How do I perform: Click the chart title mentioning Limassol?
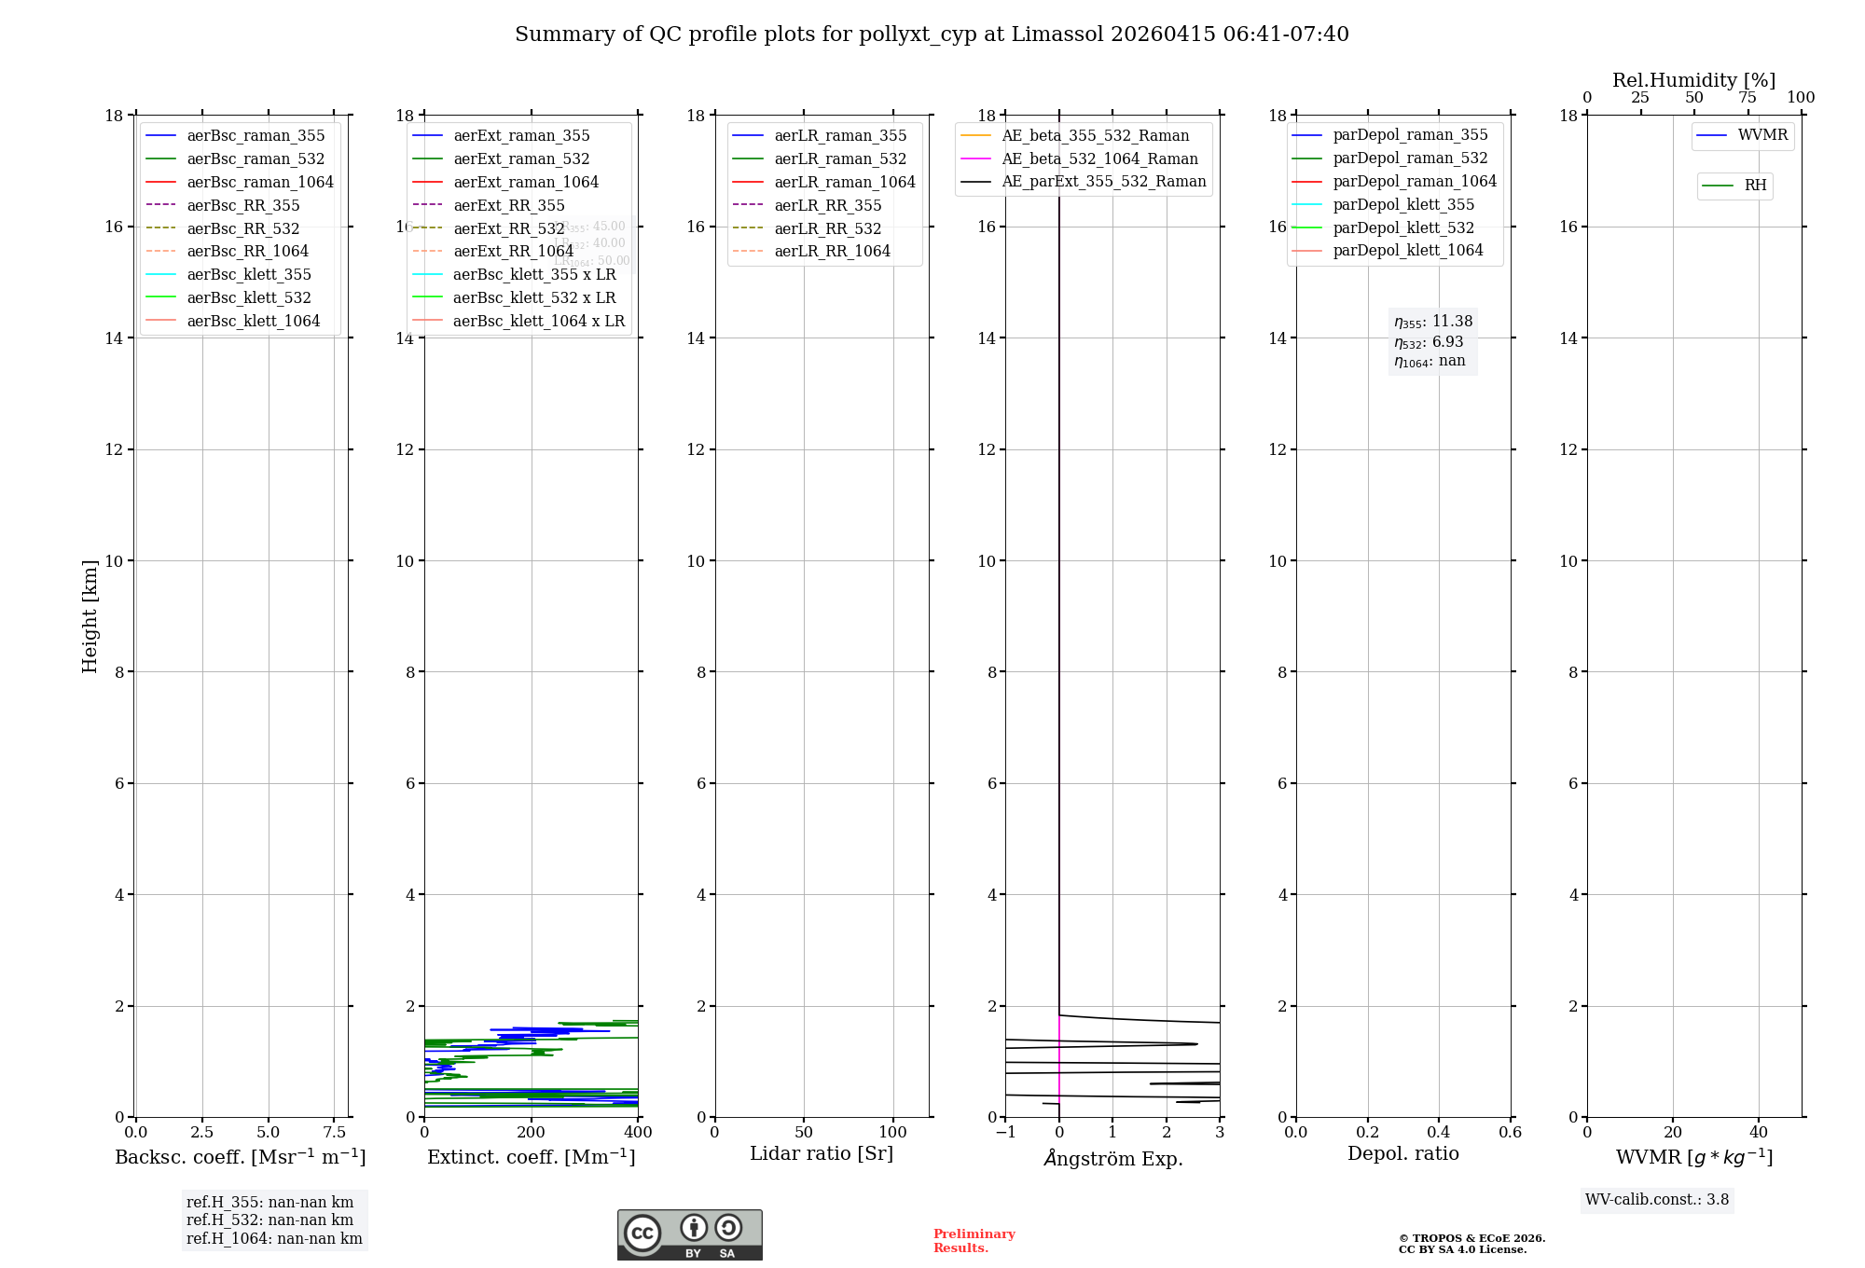point(932,34)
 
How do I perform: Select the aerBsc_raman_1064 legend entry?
point(259,182)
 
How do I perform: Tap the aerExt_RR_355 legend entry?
point(508,205)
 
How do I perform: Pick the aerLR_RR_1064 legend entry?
point(832,251)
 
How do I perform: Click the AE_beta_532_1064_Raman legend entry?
point(1099,158)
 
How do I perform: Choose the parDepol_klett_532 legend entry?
point(1403,227)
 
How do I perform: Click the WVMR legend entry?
point(1762,135)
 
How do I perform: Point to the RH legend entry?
point(1755,186)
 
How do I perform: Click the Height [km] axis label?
point(90,616)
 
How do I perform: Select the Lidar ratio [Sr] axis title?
point(822,1153)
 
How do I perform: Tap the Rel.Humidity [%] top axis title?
point(1693,80)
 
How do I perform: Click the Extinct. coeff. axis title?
point(531,1157)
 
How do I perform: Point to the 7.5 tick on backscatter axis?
point(334,1133)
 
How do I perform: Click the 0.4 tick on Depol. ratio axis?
point(1439,1133)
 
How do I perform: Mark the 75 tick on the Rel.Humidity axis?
point(1748,98)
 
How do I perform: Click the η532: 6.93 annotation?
point(1429,342)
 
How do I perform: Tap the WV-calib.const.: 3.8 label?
point(1657,1200)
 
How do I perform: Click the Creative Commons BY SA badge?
point(689,1235)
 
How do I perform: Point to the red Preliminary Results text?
point(974,1241)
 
